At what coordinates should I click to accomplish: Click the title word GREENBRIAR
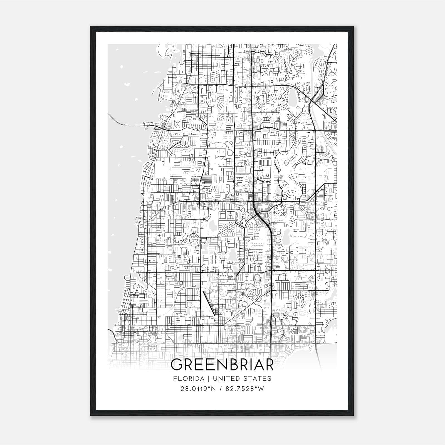[x=222, y=365]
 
